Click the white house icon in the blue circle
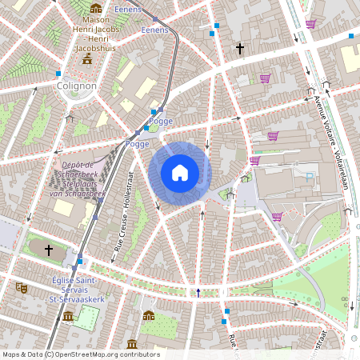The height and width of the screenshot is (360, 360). coord(180,173)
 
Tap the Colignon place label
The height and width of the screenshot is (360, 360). coord(76,86)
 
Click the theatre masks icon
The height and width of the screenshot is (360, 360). coord(22,286)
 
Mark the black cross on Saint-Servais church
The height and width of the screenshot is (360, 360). coord(48,250)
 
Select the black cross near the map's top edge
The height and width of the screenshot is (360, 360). coord(239,50)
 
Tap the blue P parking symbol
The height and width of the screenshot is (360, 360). coord(310,176)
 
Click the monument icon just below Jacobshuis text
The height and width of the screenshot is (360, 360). coord(86,60)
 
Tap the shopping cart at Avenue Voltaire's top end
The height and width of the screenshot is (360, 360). coord(310,24)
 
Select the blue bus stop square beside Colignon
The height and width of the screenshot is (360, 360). coord(58,73)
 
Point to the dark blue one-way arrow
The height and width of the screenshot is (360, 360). coord(198,292)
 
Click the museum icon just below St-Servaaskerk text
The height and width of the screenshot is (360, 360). coord(68,316)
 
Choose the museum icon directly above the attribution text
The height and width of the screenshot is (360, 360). coord(132,344)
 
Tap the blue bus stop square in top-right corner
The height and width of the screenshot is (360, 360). coord(350,36)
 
